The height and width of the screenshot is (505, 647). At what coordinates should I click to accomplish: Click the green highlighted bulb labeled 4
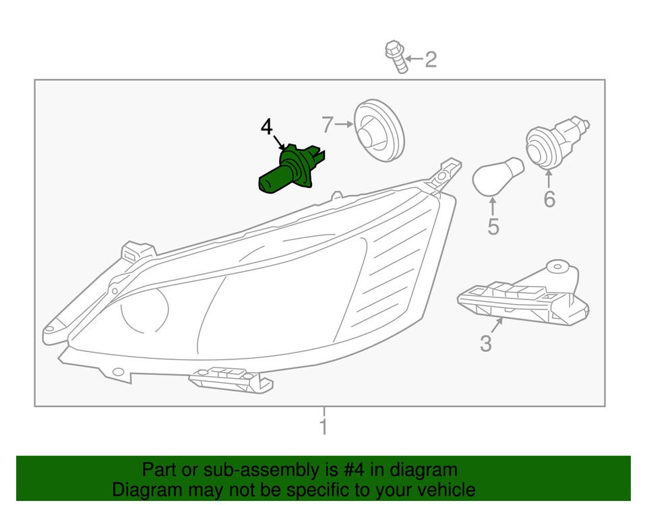coord(291,169)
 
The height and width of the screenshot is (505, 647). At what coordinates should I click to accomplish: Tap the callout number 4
coord(267,127)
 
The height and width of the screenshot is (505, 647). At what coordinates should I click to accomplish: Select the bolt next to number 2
coord(396,57)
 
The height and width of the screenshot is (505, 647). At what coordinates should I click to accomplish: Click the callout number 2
coord(431,59)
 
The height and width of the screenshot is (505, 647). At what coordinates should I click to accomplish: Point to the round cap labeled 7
coord(379,130)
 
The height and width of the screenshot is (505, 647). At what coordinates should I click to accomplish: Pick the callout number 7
coord(328,125)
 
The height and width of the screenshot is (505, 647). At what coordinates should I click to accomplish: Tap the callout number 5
coord(493,227)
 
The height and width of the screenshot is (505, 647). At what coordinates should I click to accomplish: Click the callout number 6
coord(549,200)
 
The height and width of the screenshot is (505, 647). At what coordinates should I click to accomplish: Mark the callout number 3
coord(486,344)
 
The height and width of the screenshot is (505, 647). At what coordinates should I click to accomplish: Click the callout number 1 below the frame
coord(324,427)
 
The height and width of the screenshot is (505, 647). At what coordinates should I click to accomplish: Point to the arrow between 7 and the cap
coord(344,124)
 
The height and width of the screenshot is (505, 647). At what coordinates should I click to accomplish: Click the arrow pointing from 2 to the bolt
coord(414,59)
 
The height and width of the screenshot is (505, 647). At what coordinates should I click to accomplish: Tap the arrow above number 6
coord(549,179)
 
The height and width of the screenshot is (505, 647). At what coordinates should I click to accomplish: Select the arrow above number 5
coord(492,207)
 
